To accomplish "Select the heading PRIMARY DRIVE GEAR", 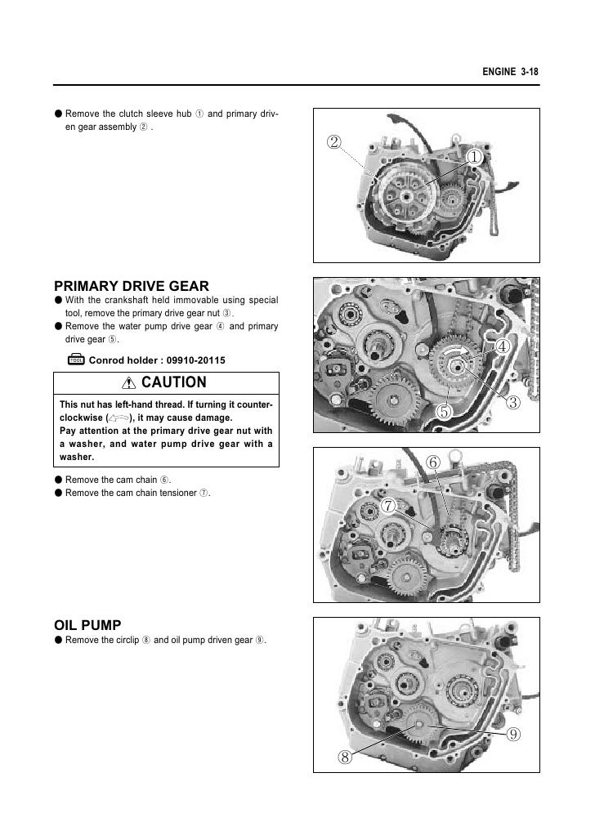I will (x=131, y=286).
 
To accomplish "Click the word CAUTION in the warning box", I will (x=174, y=382).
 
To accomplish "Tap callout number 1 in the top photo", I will (x=474, y=155).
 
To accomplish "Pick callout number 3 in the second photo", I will (x=512, y=402).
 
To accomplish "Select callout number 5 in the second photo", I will (x=445, y=410).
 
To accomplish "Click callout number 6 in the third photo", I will (x=434, y=463).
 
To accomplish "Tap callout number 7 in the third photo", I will (x=388, y=507).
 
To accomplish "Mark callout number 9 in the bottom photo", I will (x=512, y=733).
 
